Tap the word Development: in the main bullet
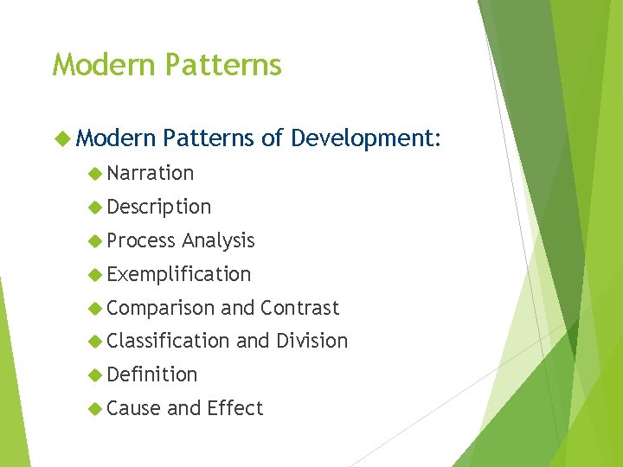(x=366, y=138)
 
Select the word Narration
(x=151, y=173)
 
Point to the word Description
(x=159, y=207)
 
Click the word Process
(x=141, y=240)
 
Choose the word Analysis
(x=217, y=240)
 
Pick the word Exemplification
(x=179, y=274)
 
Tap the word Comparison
(x=161, y=308)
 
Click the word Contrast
(x=299, y=308)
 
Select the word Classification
(x=169, y=342)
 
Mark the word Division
(x=311, y=342)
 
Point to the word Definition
(x=152, y=374)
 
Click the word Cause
(x=133, y=408)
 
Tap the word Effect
(x=234, y=408)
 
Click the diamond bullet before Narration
(x=95, y=174)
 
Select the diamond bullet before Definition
(x=95, y=375)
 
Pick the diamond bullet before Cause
(x=95, y=409)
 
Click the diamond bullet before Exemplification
(x=95, y=275)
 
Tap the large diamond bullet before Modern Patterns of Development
(x=61, y=138)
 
